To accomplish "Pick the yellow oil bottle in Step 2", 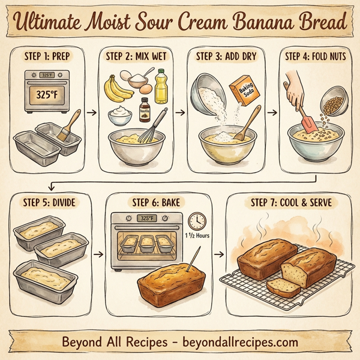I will [x=161, y=86].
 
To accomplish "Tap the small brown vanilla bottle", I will [x=144, y=110].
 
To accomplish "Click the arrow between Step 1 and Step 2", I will [x=91, y=111].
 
